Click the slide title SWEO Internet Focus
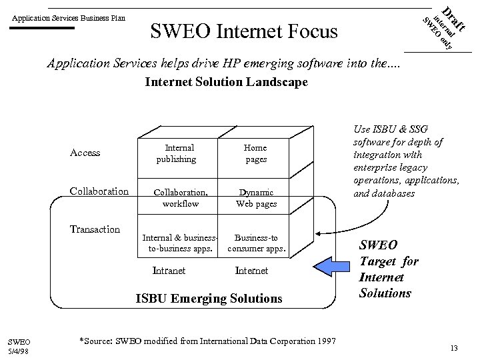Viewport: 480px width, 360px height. [x=244, y=31]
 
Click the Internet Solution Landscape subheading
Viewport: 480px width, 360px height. [x=226, y=82]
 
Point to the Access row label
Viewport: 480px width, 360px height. [x=85, y=153]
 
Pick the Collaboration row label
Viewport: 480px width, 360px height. [x=99, y=191]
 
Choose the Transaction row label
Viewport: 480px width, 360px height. [x=95, y=229]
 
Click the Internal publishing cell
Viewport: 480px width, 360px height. [x=179, y=153]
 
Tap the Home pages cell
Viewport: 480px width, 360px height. [x=255, y=153]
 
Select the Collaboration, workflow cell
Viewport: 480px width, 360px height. [x=181, y=198]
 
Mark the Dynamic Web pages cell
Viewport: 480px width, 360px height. [x=256, y=198]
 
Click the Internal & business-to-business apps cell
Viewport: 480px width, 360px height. [x=180, y=243]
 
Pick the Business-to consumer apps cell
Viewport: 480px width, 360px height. [x=257, y=243]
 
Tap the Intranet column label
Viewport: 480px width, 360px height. [x=169, y=271]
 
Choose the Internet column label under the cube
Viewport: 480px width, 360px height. [x=252, y=271]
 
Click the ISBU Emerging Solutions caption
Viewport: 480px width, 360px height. [x=209, y=299]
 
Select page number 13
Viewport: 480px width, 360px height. [x=454, y=348]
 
